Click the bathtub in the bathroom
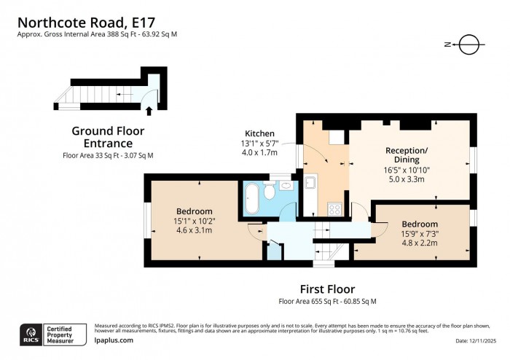point(252,199)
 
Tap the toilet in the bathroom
point(269,192)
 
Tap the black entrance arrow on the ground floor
point(149,111)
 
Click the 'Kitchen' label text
point(259,133)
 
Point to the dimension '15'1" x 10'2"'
point(193,221)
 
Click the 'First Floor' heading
point(326,289)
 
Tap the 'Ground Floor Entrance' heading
point(108,137)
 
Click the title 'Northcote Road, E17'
point(85,20)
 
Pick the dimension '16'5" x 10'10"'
point(408,169)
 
